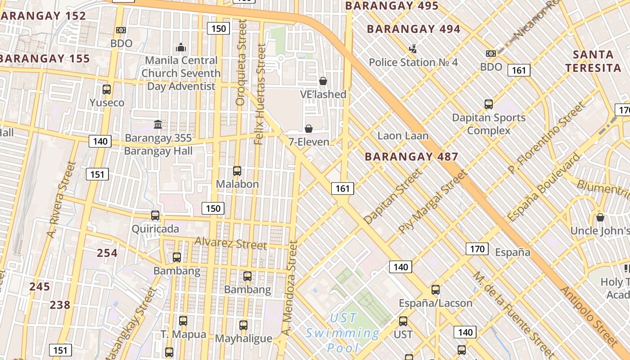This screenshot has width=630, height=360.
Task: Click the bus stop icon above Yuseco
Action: pyautogui.click(x=107, y=89)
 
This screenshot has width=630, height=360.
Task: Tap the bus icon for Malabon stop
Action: pyautogui.click(x=237, y=171)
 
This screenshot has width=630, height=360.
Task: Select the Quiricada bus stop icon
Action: pyautogui.click(x=155, y=216)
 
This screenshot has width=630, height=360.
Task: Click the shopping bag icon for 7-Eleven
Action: pyautogui.click(x=309, y=129)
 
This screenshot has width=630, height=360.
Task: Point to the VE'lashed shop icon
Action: pyautogui.click(x=323, y=81)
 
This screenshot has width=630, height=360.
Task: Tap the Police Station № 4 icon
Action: pyautogui.click(x=413, y=49)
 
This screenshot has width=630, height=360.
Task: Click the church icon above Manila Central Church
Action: pyautogui.click(x=181, y=47)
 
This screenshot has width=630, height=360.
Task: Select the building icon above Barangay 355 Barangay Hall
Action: pyautogui.click(x=158, y=124)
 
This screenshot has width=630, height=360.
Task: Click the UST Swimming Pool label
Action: pyautogui.click(x=343, y=333)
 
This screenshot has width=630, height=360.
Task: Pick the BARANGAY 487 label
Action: pyautogui.click(x=411, y=157)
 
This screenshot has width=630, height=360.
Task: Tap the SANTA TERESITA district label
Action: pyautogui.click(x=593, y=61)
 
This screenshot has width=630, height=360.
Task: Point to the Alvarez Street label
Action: pyautogui.click(x=231, y=243)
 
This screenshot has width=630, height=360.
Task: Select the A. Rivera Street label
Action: pyautogui.click(x=63, y=200)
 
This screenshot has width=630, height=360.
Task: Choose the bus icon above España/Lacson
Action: pyautogui.click(x=436, y=290)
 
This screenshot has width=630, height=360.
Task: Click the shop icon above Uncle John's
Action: pyautogui.click(x=600, y=218)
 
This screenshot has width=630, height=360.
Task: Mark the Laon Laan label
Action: pyautogui.click(x=403, y=135)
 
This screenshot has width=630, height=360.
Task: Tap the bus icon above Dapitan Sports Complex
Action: pyautogui.click(x=489, y=104)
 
